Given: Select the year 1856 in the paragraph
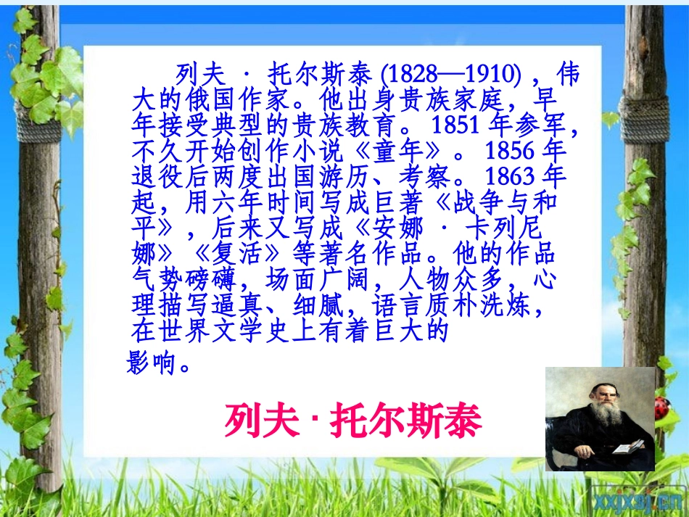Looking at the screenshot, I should click(x=511, y=150).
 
